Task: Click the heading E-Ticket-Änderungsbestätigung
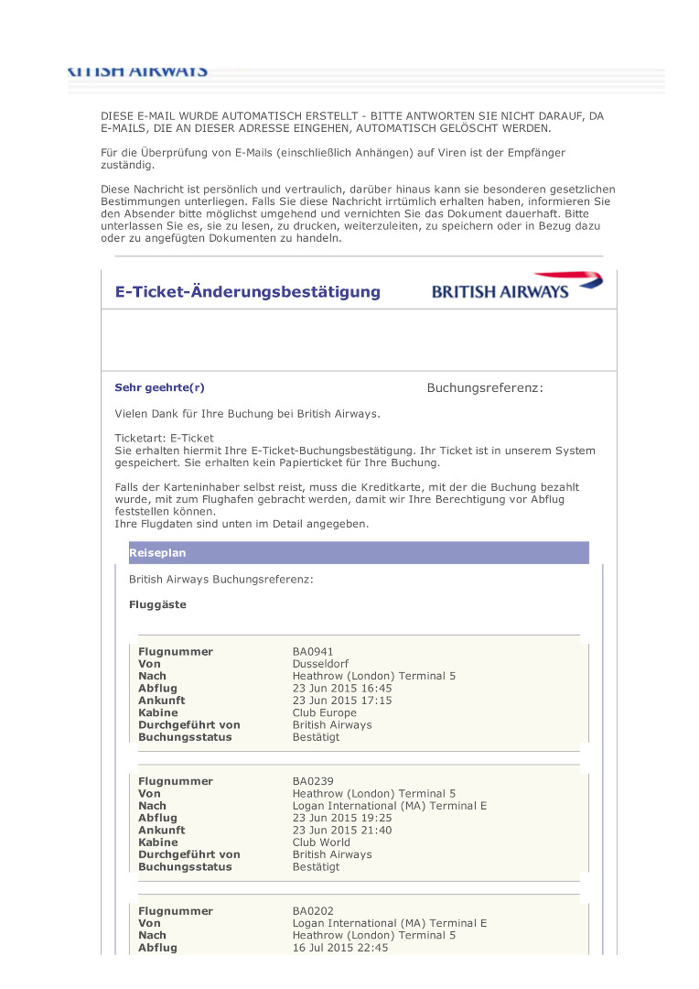tap(247, 292)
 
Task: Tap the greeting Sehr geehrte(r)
tap(153, 387)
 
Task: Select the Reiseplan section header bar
tap(359, 553)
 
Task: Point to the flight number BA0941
tap(313, 652)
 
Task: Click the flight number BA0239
tap(313, 781)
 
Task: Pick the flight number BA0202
tap(313, 911)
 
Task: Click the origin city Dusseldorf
tap(320, 664)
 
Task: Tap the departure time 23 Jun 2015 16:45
tap(342, 688)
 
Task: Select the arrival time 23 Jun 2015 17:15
tap(342, 701)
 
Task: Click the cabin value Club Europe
tap(325, 712)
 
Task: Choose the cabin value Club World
tap(321, 842)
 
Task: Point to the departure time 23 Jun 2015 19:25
tap(342, 818)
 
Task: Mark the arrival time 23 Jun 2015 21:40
tap(342, 831)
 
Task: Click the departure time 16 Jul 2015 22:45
tap(340, 948)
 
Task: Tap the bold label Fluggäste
tap(157, 605)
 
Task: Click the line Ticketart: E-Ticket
tap(164, 439)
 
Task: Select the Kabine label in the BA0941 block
tap(158, 712)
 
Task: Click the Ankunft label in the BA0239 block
tap(162, 831)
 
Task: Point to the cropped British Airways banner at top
tap(138, 71)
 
